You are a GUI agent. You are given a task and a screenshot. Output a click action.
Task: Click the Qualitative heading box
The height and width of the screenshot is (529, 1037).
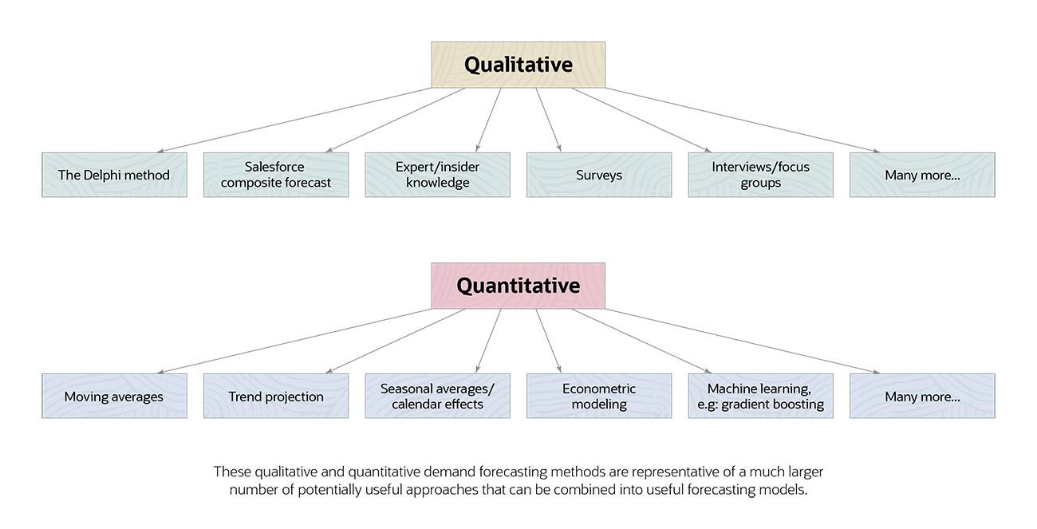pyautogui.click(x=518, y=65)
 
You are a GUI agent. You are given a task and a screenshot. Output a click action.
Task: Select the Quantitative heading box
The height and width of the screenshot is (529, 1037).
pyautogui.click(x=518, y=286)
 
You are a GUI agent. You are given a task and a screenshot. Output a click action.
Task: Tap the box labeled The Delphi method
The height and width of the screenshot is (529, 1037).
pyautogui.click(x=114, y=175)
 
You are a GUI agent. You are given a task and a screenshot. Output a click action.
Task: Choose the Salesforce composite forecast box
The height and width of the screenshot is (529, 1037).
pyautogui.click(x=276, y=175)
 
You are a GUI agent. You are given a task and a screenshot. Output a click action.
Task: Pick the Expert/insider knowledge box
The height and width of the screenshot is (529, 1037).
pyautogui.click(x=437, y=175)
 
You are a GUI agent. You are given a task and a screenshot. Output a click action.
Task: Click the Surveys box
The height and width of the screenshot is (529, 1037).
pyautogui.click(x=599, y=175)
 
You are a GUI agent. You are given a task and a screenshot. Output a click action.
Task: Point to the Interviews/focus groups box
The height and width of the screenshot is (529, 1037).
pyautogui.click(x=761, y=175)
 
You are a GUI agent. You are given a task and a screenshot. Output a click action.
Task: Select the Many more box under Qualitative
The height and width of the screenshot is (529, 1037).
pyautogui.click(x=922, y=175)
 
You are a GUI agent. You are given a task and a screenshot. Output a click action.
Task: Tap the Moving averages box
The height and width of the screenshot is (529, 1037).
pyautogui.click(x=114, y=396)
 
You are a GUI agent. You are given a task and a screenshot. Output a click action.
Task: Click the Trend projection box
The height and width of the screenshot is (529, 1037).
pyautogui.click(x=276, y=396)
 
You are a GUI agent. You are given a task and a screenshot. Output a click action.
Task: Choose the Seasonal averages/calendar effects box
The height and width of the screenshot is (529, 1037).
pyautogui.click(x=437, y=396)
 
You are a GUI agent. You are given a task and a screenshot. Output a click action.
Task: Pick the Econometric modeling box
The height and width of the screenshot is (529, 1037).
pyautogui.click(x=599, y=396)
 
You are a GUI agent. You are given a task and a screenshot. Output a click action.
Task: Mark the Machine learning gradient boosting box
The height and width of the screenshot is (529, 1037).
pyautogui.click(x=761, y=396)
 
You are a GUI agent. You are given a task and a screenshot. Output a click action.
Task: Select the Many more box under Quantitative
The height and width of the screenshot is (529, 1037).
pyautogui.click(x=922, y=396)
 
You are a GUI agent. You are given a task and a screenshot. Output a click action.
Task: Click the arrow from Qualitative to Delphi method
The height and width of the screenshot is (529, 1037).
pyautogui.click(x=294, y=120)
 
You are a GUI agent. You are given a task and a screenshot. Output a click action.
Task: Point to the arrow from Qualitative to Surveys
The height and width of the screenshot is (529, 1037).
pyautogui.click(x=549, y=120)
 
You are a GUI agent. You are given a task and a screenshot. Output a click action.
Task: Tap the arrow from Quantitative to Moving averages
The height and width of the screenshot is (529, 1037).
pyautogui.click(x=294, y=341)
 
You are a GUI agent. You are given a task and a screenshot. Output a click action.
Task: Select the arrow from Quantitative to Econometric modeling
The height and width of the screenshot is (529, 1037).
pyautogui.click(x=549, y=341)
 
